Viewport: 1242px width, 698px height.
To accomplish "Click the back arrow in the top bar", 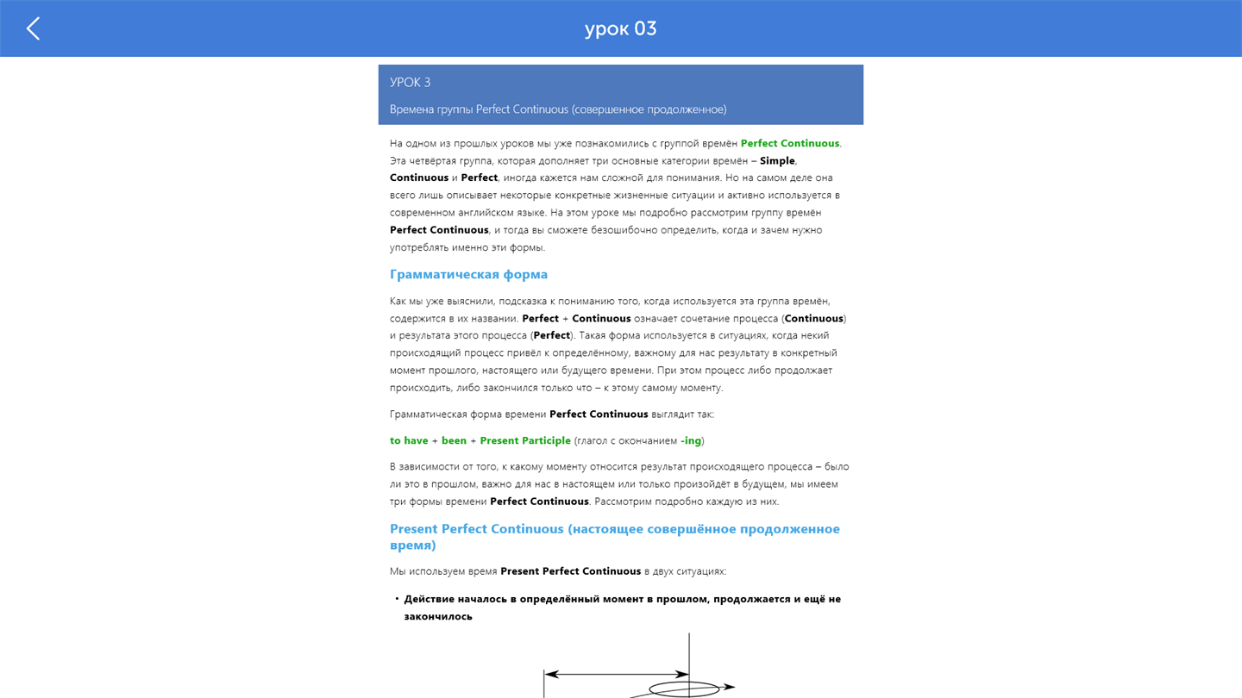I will [33, 28].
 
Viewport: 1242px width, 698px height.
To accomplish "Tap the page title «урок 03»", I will [620, 28].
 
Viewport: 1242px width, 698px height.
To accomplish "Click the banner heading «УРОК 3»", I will [410, 83].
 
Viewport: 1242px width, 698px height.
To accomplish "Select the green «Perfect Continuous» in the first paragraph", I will [789, 143].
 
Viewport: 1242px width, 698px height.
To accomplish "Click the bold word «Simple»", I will [776, 160].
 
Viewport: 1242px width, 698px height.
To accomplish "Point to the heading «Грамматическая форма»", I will [468, 274].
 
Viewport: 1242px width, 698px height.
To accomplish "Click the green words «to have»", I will [409, 440].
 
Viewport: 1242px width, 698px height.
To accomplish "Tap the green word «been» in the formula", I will [454, 440].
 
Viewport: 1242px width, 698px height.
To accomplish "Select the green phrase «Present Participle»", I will [524, 440].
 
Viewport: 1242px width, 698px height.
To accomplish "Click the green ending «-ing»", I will [691, 440].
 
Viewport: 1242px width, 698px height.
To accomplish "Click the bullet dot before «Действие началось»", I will [397, 598].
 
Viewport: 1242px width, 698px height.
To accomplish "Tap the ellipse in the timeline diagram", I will [683, 689].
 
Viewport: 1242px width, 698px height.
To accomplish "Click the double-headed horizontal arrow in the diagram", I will [616, 674].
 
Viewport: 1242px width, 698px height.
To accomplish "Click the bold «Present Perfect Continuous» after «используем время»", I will [570, 571].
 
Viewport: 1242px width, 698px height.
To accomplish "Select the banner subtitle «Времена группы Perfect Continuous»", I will [557, 109].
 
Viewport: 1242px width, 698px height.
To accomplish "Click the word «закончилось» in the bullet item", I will [437, 616].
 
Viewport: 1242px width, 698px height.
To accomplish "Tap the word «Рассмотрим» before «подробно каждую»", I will [624, 502].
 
